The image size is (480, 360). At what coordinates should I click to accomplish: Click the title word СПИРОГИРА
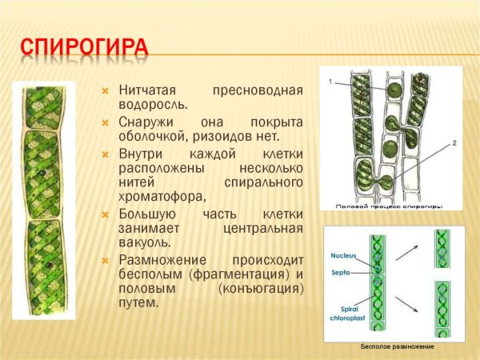click(84, 47)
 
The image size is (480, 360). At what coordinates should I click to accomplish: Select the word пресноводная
click(258, 90)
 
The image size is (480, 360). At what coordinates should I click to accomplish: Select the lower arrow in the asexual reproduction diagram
click(409, 302)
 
